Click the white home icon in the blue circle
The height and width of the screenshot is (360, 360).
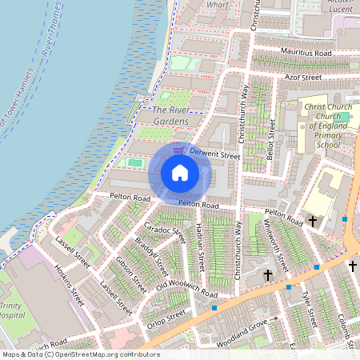[x=180, y=173]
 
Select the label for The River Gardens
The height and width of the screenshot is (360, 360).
[x=170, y=115]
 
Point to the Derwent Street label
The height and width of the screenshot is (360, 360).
[x=215, y=153]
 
